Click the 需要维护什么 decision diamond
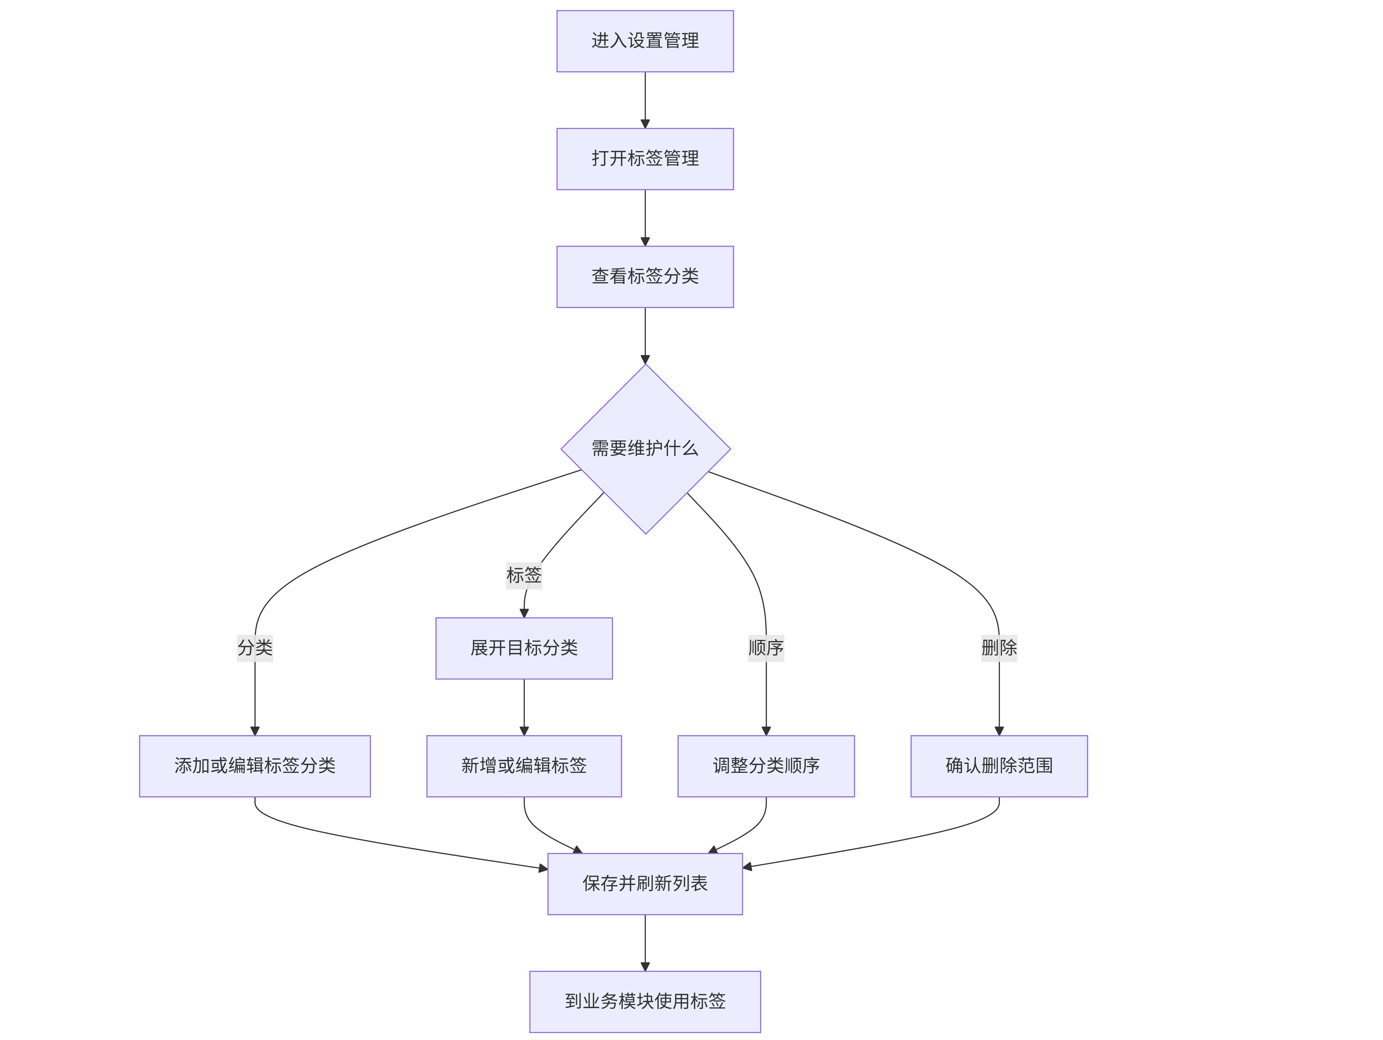[645, 449]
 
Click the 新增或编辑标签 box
[524, 766]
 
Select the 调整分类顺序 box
[766, 766]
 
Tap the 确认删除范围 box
[999, 766]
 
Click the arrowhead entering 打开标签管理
[645, 124]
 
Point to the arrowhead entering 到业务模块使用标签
[645, 966]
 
